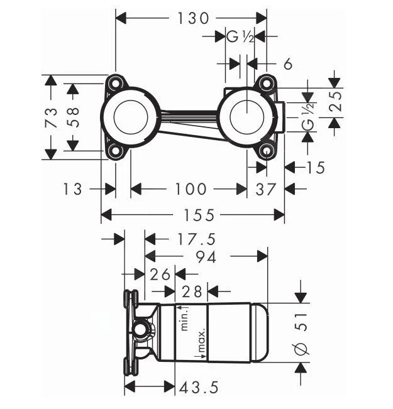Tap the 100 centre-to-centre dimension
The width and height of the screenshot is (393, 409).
[189, 188]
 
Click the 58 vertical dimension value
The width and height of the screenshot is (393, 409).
[74, 117]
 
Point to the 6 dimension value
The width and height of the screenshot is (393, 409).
[288, 63]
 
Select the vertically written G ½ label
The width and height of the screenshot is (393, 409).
[307, 117]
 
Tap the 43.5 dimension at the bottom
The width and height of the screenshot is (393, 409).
[199, 388]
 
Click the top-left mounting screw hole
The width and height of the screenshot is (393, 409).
[114, 83]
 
